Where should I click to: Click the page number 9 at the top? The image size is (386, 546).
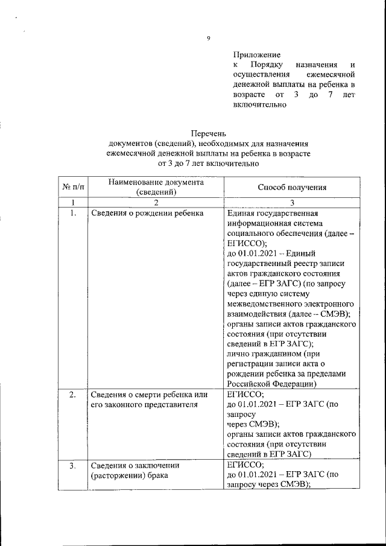(208, 39)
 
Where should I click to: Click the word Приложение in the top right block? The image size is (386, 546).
(256, 54)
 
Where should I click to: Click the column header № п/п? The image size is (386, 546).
(72, 187)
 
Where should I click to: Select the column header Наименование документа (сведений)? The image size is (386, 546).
(156, 187)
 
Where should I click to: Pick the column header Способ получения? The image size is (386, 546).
(292, 187)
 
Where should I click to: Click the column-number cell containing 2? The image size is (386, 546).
(156, 202)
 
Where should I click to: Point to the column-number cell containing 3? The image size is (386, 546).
(292, 202)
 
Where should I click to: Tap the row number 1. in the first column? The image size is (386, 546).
(72, 213)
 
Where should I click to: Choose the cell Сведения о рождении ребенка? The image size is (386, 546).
(147, 213)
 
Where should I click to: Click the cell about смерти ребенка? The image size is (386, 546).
(149, 399)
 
